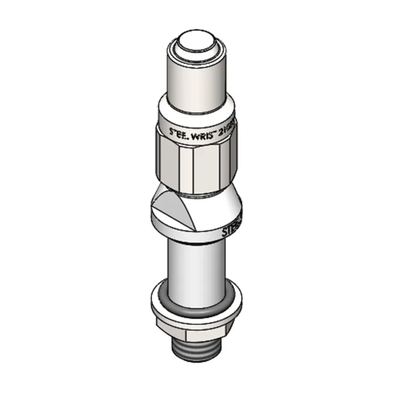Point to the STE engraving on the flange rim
[x=232, y=230]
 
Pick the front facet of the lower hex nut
[x=208, y=332]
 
